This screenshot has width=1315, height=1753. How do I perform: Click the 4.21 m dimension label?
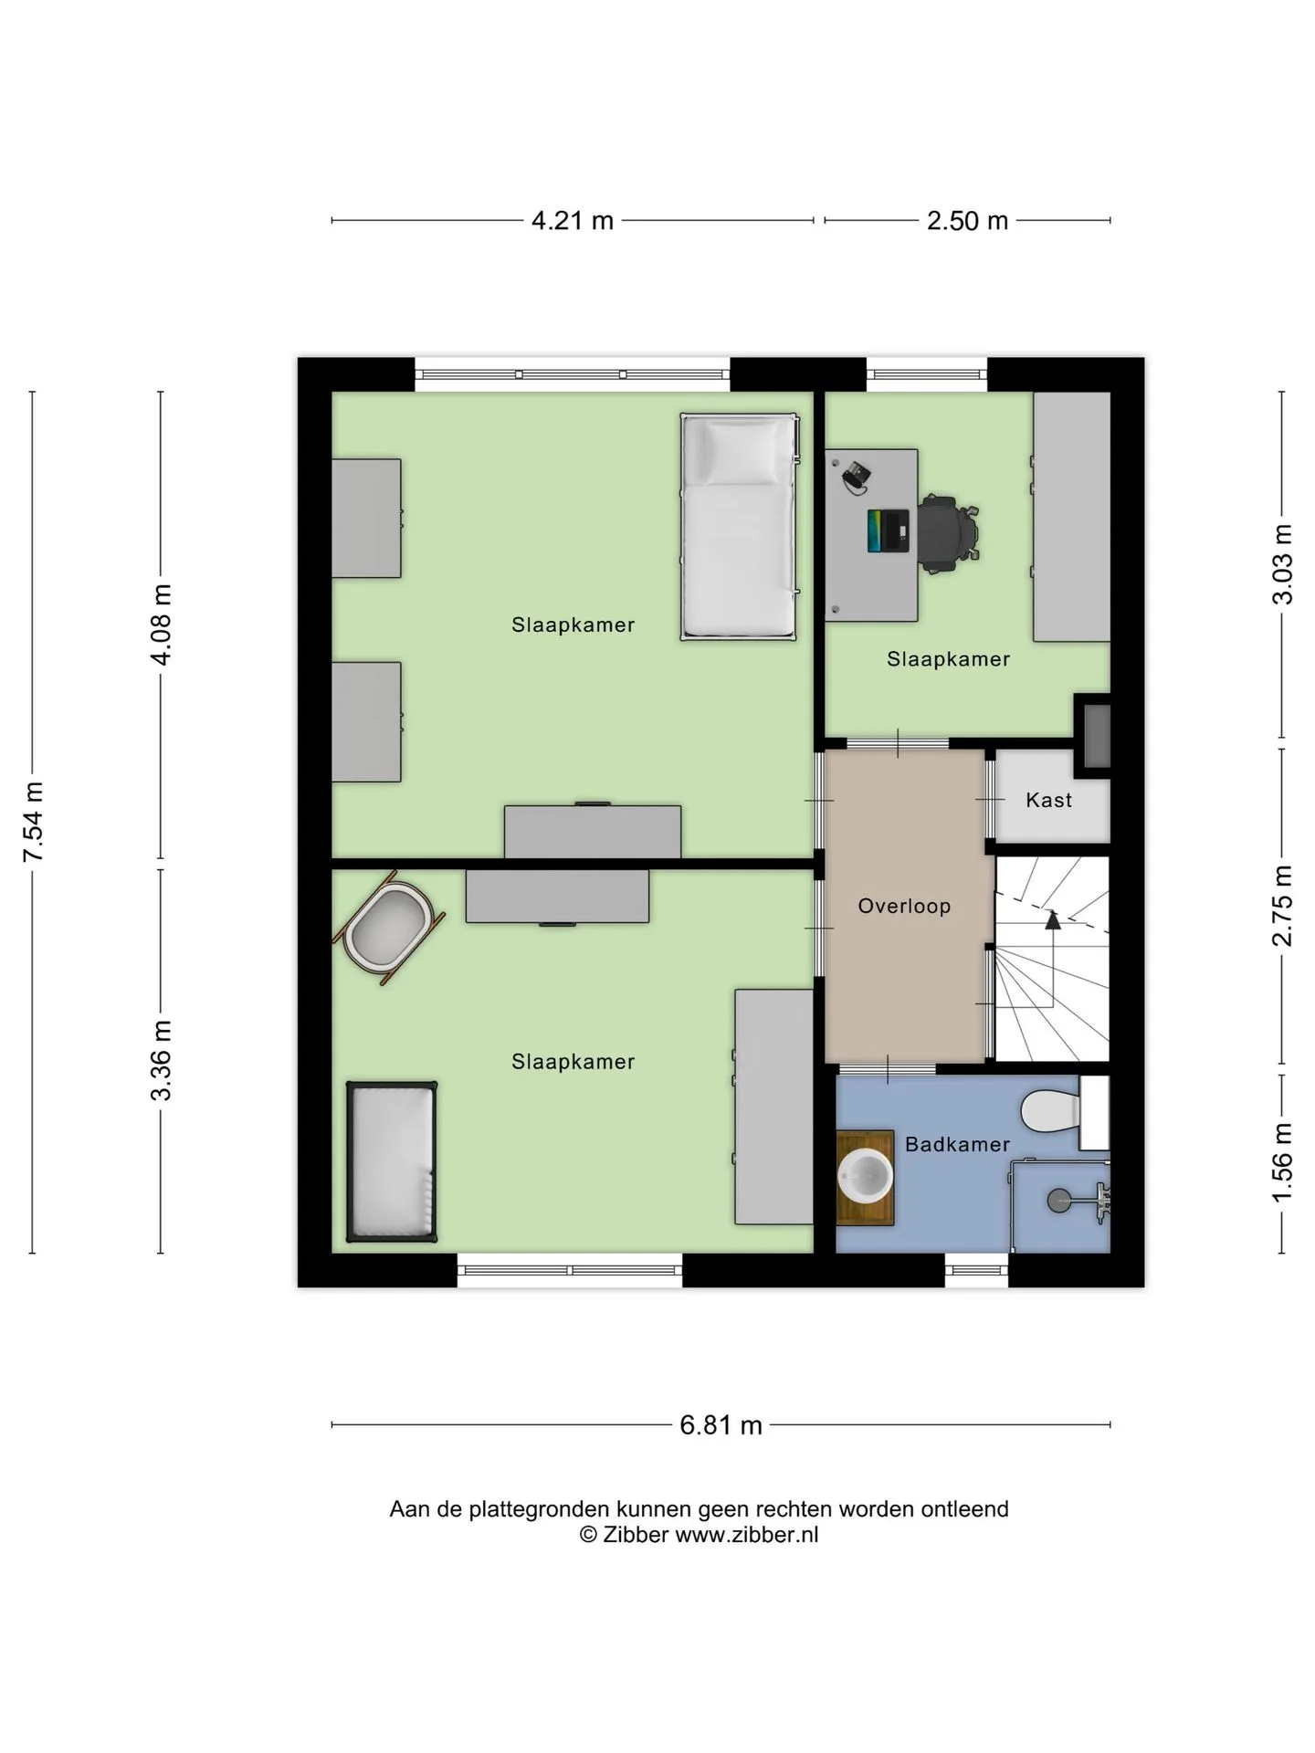(573, 221)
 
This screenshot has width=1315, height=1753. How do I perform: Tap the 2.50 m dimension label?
(967, 221)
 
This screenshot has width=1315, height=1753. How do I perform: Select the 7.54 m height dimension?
(34, 822)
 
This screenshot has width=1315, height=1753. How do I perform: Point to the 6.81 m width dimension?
(721, 1425)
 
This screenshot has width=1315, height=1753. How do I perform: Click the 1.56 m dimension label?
(1283, 1162)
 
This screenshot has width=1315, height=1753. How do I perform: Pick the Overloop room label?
(904, 907)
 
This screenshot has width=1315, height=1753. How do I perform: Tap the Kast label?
(1048, 801)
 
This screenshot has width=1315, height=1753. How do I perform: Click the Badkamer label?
(957, 1145)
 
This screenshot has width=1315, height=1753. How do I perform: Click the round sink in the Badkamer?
(865, 1176)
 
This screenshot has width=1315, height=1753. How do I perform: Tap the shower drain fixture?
(1059, 1200)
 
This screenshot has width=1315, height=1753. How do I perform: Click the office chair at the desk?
(948, 533)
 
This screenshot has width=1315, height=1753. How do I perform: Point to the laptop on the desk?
(888, 530)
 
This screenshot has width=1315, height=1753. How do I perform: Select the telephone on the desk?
(856, 475)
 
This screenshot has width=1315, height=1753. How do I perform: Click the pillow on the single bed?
(738, 451)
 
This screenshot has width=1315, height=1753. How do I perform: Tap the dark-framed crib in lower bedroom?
(392, 1161)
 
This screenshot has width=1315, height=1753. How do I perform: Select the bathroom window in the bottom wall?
(976, 1270)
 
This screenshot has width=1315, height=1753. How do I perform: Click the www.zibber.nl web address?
(746, 1535)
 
